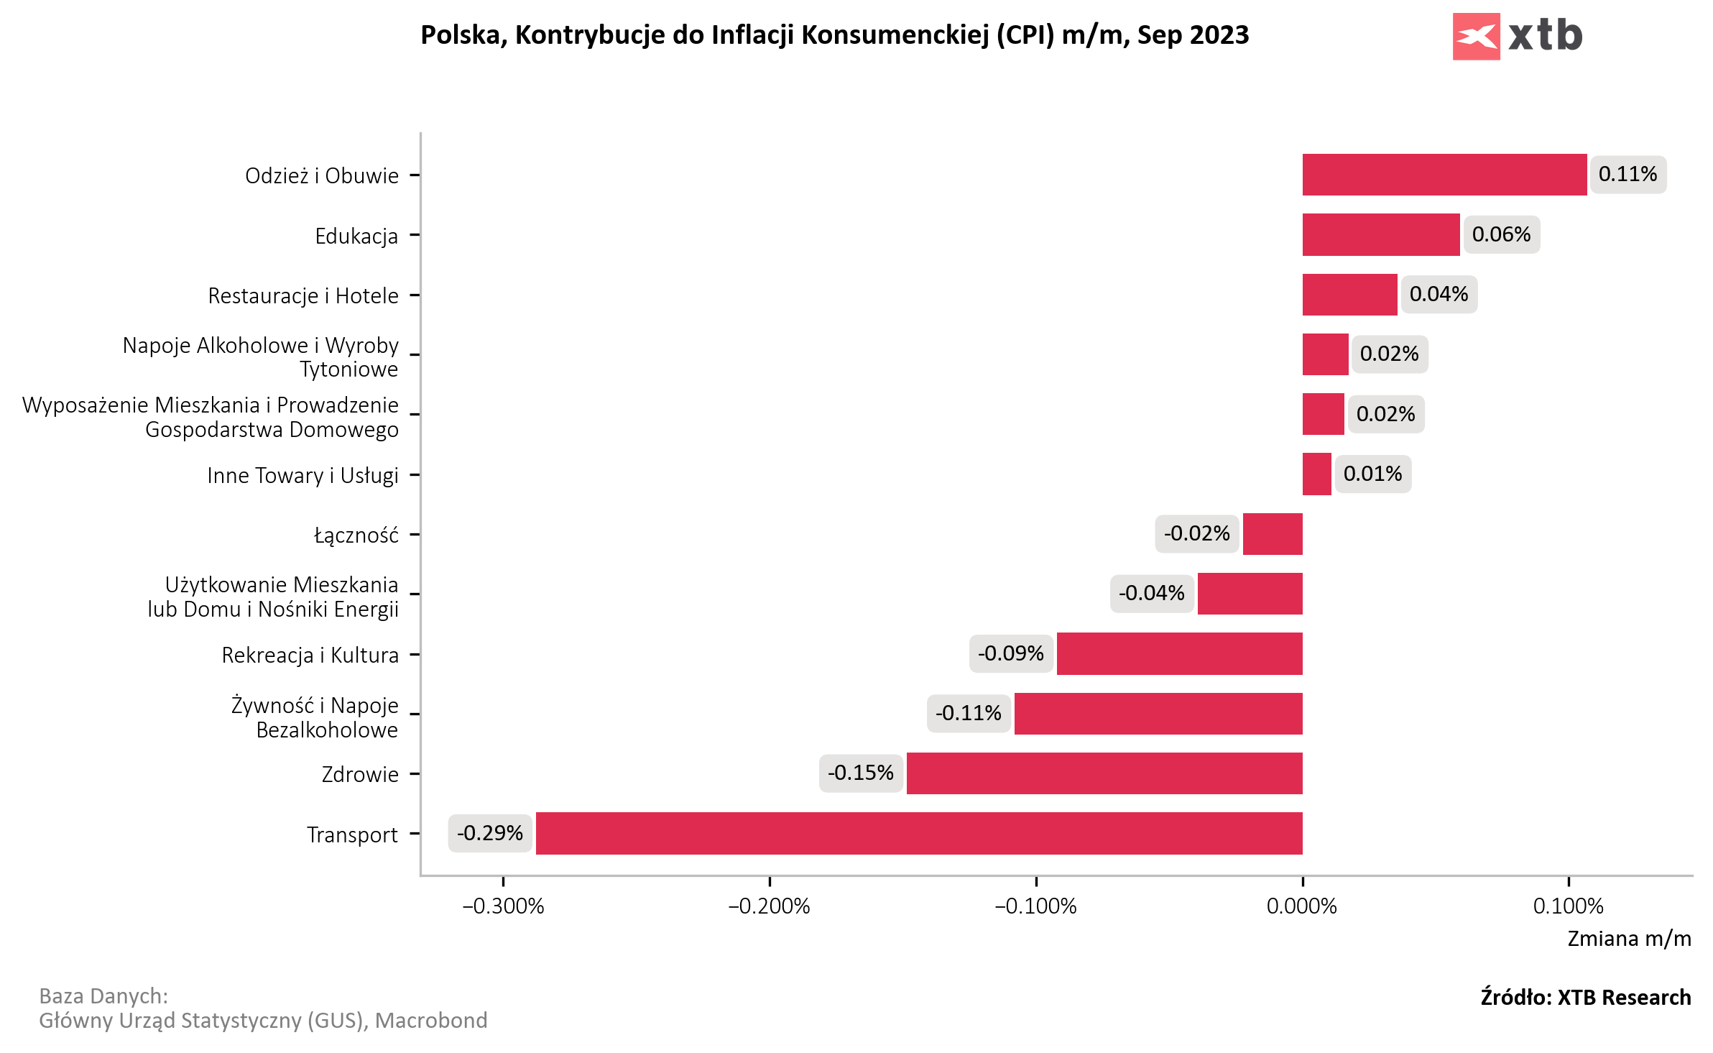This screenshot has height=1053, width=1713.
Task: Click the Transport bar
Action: [919, 833]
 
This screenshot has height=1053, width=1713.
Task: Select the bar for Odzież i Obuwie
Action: [1444, 175]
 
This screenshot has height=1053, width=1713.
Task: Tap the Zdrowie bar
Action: [1104, 773]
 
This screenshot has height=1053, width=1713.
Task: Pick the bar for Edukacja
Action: [1381, 234]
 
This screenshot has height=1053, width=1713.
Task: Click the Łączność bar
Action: [1273, 534]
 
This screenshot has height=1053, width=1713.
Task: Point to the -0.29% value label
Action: [490, 833]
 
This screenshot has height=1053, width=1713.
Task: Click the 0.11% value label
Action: [1627, 175]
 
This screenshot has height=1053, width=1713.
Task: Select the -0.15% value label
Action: [861, 773]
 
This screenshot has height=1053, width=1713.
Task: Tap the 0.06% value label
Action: [1501, 234]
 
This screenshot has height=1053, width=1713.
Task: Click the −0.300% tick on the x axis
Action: [503, 906]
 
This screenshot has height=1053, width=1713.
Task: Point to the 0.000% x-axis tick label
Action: [1302, 906]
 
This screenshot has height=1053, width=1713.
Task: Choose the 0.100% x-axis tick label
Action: [1568, 906]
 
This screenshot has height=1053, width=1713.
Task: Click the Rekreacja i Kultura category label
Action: [310, 655]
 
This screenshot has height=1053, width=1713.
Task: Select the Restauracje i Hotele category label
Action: [303, 295]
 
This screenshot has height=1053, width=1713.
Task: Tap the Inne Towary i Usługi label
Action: [303, 475]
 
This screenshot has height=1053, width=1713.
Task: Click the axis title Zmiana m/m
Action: [1629, 939]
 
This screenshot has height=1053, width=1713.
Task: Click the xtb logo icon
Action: [1476, 36]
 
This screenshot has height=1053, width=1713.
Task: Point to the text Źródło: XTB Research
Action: [1585, 998]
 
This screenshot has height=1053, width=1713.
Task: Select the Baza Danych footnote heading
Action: [103, 996]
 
